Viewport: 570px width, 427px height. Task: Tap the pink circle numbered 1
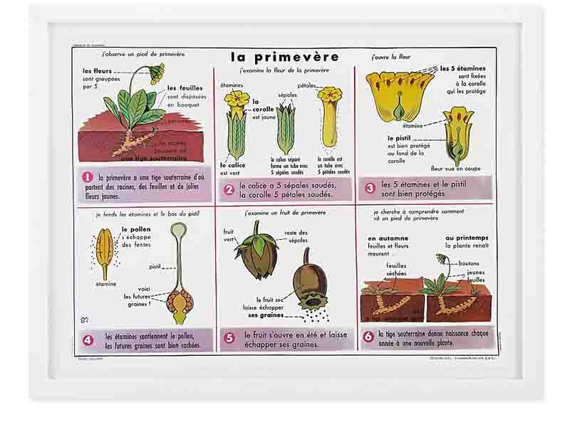[88, 177]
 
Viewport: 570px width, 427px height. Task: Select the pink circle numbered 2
[229, 189]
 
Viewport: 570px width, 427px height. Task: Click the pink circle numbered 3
[370, 188]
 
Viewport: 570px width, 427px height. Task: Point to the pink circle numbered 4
[88, 340]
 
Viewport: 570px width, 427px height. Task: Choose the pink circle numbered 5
[229, 338]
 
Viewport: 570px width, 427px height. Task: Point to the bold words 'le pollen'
[135, 229]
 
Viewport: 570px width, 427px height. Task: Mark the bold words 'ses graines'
[265, 315]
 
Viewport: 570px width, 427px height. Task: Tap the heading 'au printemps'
[466, 238]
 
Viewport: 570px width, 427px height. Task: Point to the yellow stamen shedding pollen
[105, 252]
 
